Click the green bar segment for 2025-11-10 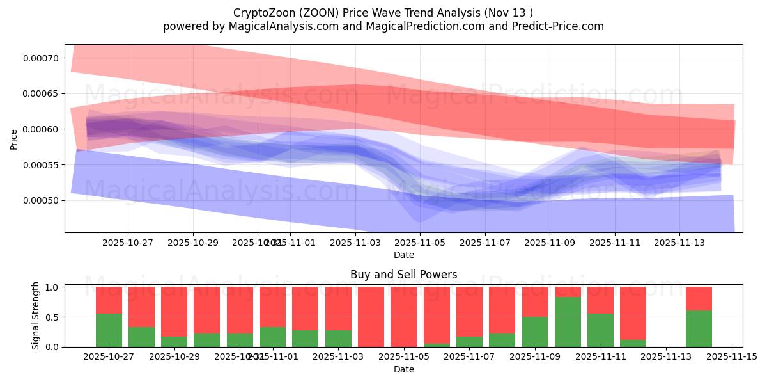coord(568,322)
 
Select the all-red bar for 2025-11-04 coord(371,317)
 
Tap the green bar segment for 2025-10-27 coord(109,330)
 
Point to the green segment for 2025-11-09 coord(535,332)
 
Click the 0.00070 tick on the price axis coord(40,58)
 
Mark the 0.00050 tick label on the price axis coord(40,201)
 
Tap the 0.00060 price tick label coord(40,129)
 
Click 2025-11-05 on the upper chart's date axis coord(420,243)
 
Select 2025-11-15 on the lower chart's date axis coord(731,357)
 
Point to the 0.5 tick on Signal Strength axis coord(52,317)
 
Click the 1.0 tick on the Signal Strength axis coord(52,287)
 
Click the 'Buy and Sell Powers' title coord(403,275)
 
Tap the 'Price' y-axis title coord(14,139)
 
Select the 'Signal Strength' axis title coord(36,316)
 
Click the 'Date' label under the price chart coord(403,255)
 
